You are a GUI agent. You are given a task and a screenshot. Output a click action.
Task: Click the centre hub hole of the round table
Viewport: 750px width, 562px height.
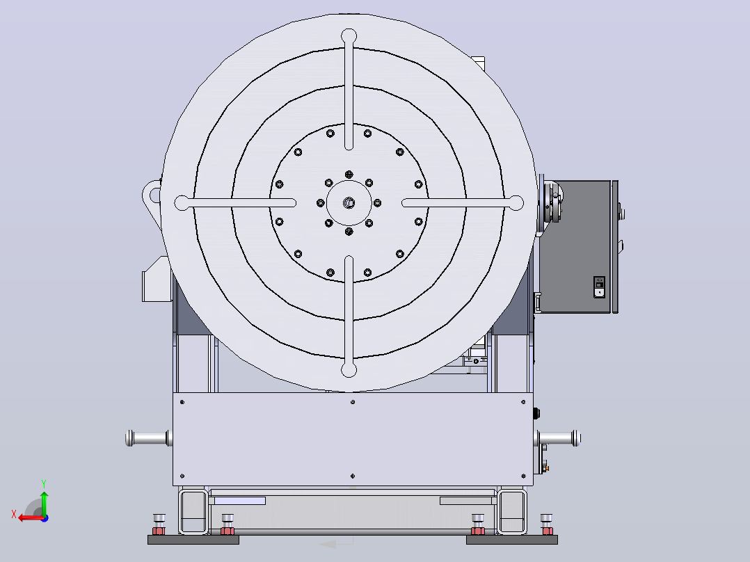tap(349, 203)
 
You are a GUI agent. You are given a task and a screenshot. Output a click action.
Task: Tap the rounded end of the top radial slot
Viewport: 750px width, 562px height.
tap(349, 36)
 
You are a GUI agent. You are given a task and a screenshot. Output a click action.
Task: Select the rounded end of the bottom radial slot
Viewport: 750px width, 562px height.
tap(349, 370)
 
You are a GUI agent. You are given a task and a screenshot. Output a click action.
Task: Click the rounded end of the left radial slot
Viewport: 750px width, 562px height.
tap(182, 203)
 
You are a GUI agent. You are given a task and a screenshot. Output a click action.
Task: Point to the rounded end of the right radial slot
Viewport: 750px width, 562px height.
tap(516, 203)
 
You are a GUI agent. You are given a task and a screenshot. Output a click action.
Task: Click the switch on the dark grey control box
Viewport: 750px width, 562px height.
tap(599, 287)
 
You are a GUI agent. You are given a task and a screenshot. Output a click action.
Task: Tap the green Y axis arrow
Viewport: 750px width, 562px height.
tap(44, 502)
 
